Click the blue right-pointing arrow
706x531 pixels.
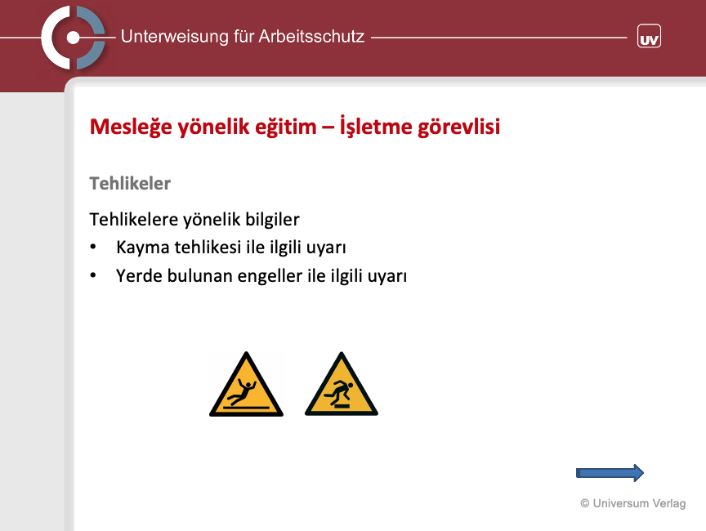pos(610,473)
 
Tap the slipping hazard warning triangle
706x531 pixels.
pos(246,385)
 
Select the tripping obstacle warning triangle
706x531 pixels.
pos(342,384)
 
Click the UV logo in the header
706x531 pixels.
pos(649,36)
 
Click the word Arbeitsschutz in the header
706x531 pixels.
pos(311,37)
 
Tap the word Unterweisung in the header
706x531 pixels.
pos(175,37)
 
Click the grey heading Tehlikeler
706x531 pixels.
pos(130,183)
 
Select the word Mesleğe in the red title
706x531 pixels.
pos(131,127)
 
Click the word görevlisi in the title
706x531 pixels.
pos(458,127)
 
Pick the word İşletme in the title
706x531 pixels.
pos(376,126)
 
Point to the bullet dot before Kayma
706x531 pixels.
pos(93,247)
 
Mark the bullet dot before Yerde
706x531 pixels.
pos(93,275)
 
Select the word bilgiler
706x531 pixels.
pos(272,220)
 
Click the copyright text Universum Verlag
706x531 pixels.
pos(633,503)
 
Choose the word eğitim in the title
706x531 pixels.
pos(286,127)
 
